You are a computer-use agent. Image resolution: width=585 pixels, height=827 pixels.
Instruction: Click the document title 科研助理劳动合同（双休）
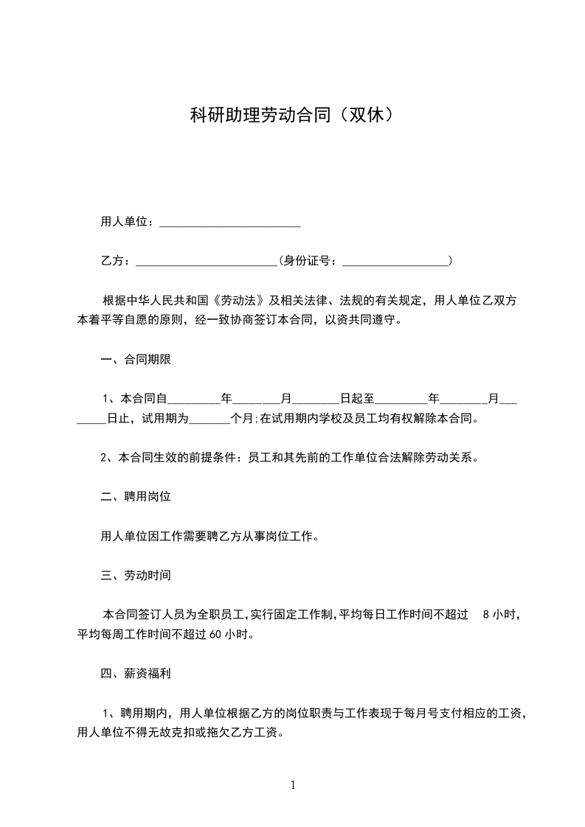click(x=291, y=115)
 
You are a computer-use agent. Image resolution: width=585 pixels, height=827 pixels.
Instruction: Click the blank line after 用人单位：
click(x=230, y=223)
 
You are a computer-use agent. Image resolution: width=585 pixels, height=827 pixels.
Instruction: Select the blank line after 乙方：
click(x=207, y=261)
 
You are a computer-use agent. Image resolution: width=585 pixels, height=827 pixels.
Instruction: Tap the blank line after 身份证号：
click(x=396, y=261)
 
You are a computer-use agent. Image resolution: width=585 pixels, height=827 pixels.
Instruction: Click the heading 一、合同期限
click(x=136, y=360)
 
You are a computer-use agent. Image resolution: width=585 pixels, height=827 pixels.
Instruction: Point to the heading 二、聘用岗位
click(x=136, y=497)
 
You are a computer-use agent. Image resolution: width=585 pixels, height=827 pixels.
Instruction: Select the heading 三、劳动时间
click(x=136, y=574)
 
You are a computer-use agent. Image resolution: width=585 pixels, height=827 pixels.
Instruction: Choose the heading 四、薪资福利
click(x=136, y=673)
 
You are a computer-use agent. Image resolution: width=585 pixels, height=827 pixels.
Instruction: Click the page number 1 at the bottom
click(x=293, y=785)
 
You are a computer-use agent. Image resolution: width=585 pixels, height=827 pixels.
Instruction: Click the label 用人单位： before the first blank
click(x=128, y=222)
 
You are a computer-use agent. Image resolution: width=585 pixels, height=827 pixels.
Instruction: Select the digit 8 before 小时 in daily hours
click(x=485, y=614)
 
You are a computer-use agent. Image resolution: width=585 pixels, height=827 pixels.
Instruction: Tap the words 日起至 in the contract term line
click(x=358, y=399)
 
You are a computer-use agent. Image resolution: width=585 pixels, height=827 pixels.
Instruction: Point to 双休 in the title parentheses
click(x=365, y=115)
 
